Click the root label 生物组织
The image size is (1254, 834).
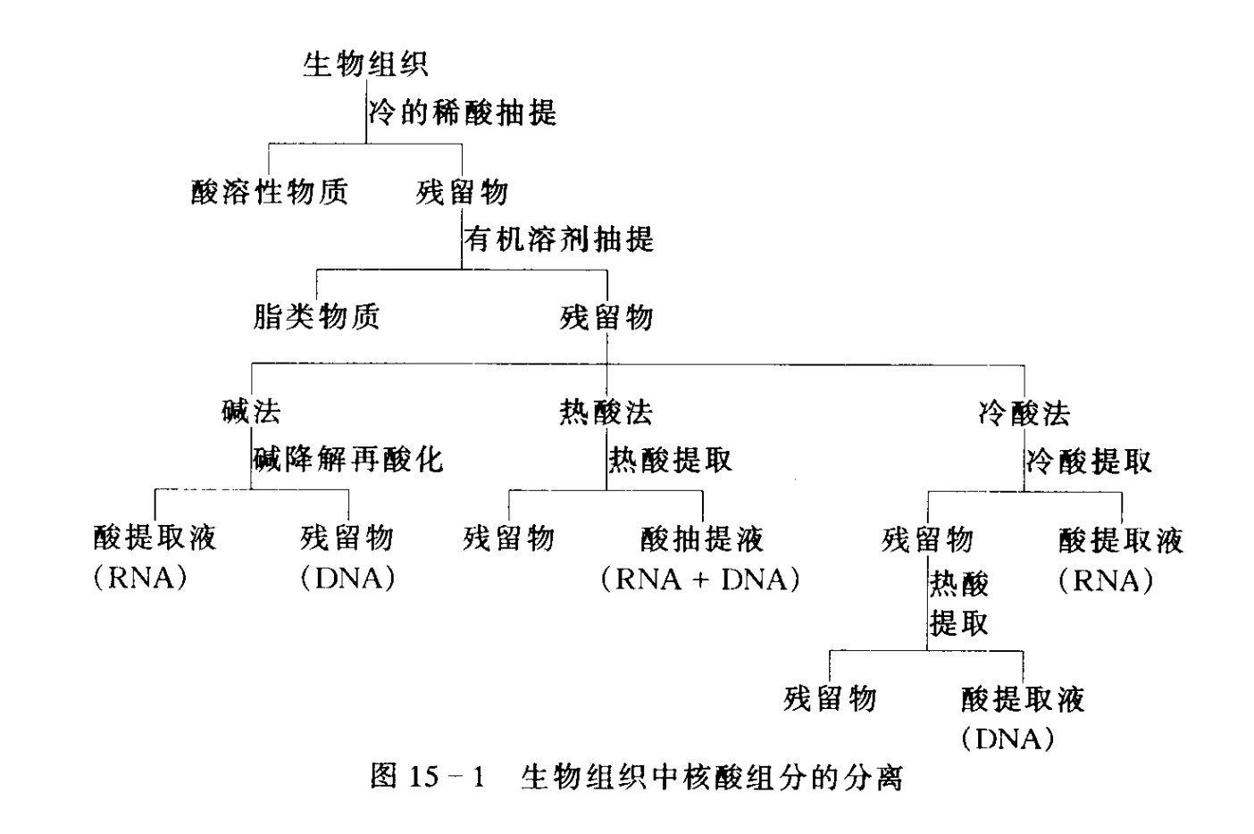tap(365, 64)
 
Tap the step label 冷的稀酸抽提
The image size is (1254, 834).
tap(463, 113)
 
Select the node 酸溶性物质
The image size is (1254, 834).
tap(270, 191)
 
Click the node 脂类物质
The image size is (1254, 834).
tap(316, 316)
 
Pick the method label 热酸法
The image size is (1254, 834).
tap(606, 412)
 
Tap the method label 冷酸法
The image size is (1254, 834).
tap(1024, 413)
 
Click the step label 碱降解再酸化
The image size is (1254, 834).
tap(348, 459)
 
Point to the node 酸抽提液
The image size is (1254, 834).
tap(702, 538)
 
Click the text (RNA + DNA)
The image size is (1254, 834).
tap(700, 580)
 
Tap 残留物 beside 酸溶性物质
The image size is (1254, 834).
tap(462, 191)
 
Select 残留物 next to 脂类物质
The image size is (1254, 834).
tap(606, 316)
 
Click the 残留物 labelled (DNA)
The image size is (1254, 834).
tap(347, 538)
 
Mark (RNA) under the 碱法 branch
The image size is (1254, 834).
tap(140, 579)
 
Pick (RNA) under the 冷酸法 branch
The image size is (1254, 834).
tap(1106, 581)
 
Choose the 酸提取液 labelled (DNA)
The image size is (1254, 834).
tap(1023, 698)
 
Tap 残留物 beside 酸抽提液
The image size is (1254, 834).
tap(509, 538)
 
